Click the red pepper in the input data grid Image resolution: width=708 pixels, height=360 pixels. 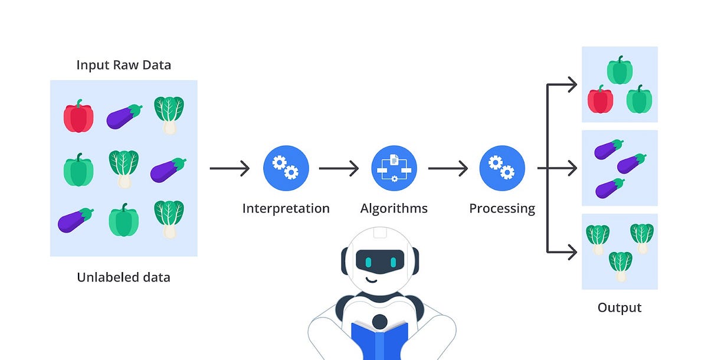pyautogui.click(x=78, y=117)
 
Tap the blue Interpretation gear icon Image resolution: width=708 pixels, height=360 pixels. pyautogui.click(x=286, y=168)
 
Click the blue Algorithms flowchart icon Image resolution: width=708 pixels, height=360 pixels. pyautogui.click(x=394, y=168)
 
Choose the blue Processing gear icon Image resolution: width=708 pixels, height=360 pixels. pyautogui.click(x=502, y=168)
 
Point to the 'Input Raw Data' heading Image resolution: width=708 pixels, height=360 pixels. pyautogui.click(x=123, y=65)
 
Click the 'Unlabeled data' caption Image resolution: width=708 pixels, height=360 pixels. pyautogui.click(x=123, y=277)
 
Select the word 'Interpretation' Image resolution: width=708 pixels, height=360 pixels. pyautogui.click(x=286, y=208)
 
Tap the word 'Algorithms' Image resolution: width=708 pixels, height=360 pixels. pyautogui.click(x=394, y=208)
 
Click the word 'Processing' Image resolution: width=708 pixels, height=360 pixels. pyautogui.click(x=502, y=208)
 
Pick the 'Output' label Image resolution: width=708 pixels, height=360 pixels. pyautogui.click(x=619, y=307)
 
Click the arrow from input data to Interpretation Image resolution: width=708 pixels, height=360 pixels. pyautogui.click(x=230, y=169)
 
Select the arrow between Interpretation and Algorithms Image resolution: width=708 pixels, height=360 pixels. pyautogui.click(x=339, y=169)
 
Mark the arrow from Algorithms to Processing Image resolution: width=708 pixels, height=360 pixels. pyautogui.click(x=448, y=169)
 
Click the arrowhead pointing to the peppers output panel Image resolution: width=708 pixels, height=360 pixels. pyautogui.click(x=572, y=84)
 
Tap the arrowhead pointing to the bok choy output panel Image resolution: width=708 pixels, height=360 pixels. pyautogui.click(x=572, y=252)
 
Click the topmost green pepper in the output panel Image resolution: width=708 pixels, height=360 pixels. pyautogui.click(x=619, y=70)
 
